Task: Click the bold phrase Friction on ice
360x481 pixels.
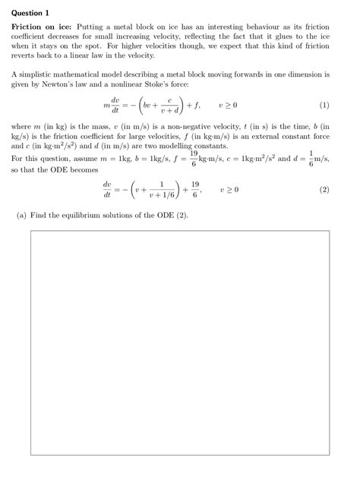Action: [41, 27]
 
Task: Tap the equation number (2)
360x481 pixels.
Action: [324, 189]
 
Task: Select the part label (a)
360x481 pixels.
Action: [22, 215]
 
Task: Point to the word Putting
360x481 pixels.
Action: [92, 27]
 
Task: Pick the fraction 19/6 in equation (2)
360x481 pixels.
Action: [196, 189]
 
